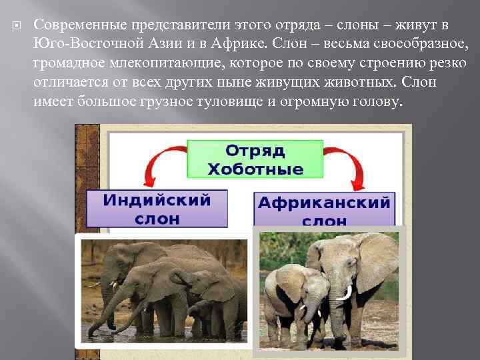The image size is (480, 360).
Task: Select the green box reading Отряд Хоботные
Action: pos(255,158)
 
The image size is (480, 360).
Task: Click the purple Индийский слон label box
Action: pos(157,209)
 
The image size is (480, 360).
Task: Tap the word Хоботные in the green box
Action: pos(255,169)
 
